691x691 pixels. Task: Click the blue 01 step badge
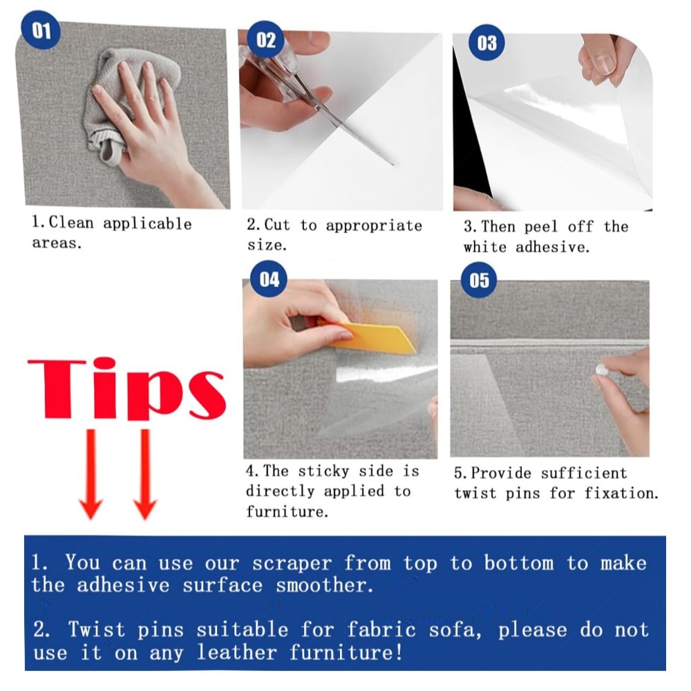(x=41, y=30)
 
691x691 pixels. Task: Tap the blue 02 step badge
(x=266, y=39)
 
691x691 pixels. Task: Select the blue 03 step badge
(x=486, y=43)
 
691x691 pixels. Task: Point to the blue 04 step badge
(x=269, y=279)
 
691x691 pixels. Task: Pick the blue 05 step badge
(x=479, y=280)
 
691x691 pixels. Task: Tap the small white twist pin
(x=602, y=370)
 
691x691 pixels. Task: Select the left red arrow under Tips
(x=91, y=475)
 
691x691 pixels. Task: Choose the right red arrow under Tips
(x=145, y=475)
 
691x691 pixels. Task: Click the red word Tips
(x=127, y=388)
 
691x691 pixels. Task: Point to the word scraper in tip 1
(x=292, y=564)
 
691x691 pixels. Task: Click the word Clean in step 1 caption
(x=71, y=223)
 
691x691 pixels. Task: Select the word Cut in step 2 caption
(x=277, y=225)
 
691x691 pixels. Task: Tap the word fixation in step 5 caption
(x=621, y=493)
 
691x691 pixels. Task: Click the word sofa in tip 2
(x=455, y=630)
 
